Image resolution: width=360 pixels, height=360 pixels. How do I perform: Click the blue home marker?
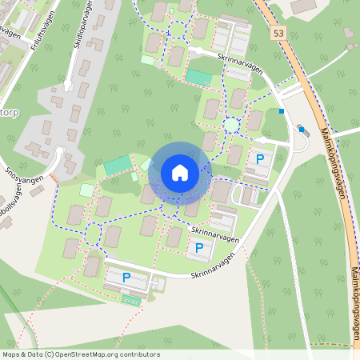pos(179,172)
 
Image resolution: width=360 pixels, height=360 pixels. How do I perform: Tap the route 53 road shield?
pos(278,34)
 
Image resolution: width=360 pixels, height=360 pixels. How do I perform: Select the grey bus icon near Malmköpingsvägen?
pos(302,128)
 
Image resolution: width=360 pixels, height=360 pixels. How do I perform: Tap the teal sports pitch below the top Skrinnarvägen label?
pos(199,78)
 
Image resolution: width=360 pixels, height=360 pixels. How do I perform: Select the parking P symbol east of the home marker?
pos(260,158)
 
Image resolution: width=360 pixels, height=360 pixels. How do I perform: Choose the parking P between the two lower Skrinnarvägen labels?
pos(198,248)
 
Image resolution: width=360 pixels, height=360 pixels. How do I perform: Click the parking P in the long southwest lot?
pos(126,278)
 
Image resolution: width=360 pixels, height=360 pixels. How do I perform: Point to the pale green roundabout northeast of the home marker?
pos(232,125)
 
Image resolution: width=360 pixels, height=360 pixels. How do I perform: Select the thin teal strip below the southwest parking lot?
pos(130,299)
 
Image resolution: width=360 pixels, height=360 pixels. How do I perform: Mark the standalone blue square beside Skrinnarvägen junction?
pos(282,111)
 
